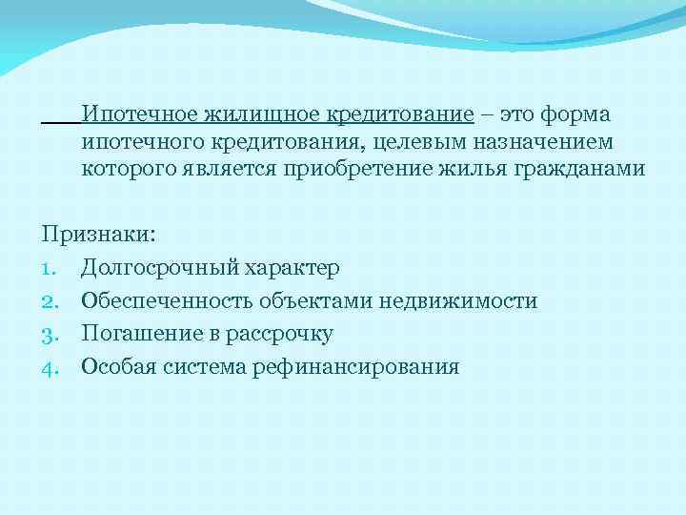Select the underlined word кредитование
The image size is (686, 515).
tap(400, 115)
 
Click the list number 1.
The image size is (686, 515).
tap(50, 269)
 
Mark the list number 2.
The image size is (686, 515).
tap(50, 301)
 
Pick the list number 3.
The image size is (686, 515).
tap(50, 334)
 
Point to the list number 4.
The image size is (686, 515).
tap(50, 366)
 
